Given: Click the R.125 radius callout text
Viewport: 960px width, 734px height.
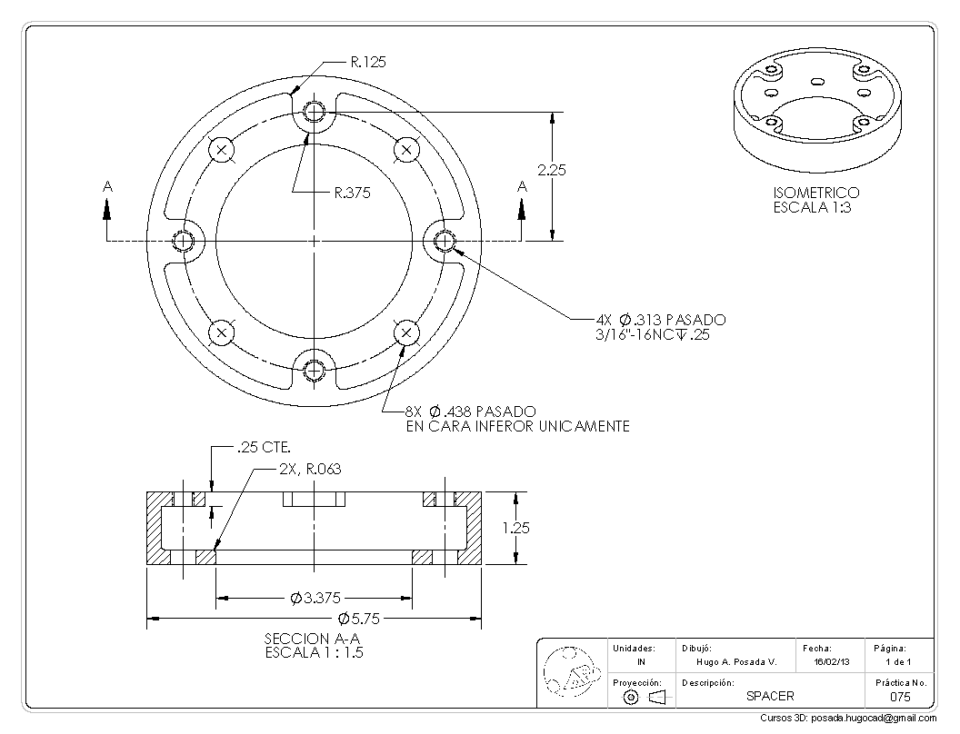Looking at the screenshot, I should click(367, 62).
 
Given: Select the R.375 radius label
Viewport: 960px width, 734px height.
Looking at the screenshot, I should click(352, 193).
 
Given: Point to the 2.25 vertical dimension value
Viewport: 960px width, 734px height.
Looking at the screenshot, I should click(552, 170).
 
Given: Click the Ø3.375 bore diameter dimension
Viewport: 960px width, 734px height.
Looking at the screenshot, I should click(314, 598).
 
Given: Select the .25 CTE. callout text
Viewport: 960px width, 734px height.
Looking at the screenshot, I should click(263, 448).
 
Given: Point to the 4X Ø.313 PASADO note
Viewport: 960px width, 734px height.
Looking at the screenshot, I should click(660, 320).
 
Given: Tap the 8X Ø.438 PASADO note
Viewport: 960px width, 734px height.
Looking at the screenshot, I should click(470, 412).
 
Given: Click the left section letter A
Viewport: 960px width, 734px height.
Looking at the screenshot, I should click(107, 186).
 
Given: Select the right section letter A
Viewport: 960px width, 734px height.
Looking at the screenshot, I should click(521, 186).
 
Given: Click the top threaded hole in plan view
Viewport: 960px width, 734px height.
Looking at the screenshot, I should click(314, 112).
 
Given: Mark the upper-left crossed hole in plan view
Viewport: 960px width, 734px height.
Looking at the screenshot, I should click(222, 149).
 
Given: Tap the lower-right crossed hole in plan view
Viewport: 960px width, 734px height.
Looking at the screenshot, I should click(406, 333).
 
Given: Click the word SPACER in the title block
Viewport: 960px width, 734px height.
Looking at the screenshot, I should click(770, 696).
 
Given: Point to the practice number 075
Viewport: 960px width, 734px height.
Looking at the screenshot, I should click(899, 697).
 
